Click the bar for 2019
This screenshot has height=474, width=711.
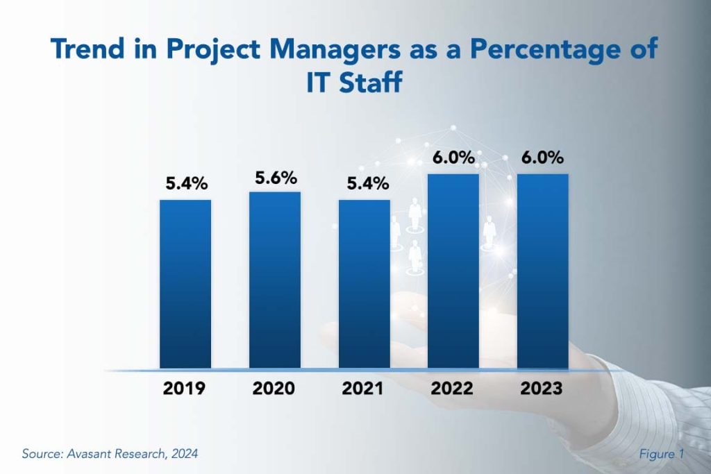coord(185,284)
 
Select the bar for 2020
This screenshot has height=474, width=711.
coord(275,280)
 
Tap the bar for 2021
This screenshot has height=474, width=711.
coord(365,284)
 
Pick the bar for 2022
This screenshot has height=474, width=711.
coord(453,271)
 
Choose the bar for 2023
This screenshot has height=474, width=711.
coord(543,271)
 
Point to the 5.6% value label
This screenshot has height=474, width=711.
coord(275,178)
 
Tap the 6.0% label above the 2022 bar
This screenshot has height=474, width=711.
coord(453,158)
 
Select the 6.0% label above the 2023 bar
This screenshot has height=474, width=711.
coord(543,158)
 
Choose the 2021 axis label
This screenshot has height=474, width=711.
coord(362,389)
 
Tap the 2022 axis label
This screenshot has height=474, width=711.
coord(452,389)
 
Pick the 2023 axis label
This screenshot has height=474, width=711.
coord(542,389)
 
